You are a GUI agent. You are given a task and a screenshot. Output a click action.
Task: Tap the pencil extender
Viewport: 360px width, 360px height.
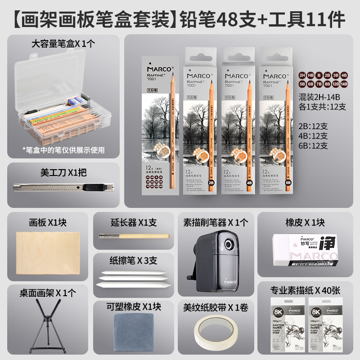pos(134,235)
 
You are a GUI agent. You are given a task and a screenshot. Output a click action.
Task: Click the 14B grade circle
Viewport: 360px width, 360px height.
pos(344,84)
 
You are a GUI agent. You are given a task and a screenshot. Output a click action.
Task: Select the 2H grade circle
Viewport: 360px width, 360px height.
pos(302,75)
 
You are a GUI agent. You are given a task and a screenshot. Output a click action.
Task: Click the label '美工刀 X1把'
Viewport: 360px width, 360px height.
pos(63,171)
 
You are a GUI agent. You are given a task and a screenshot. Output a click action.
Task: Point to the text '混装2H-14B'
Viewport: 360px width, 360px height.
pos(320,97)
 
